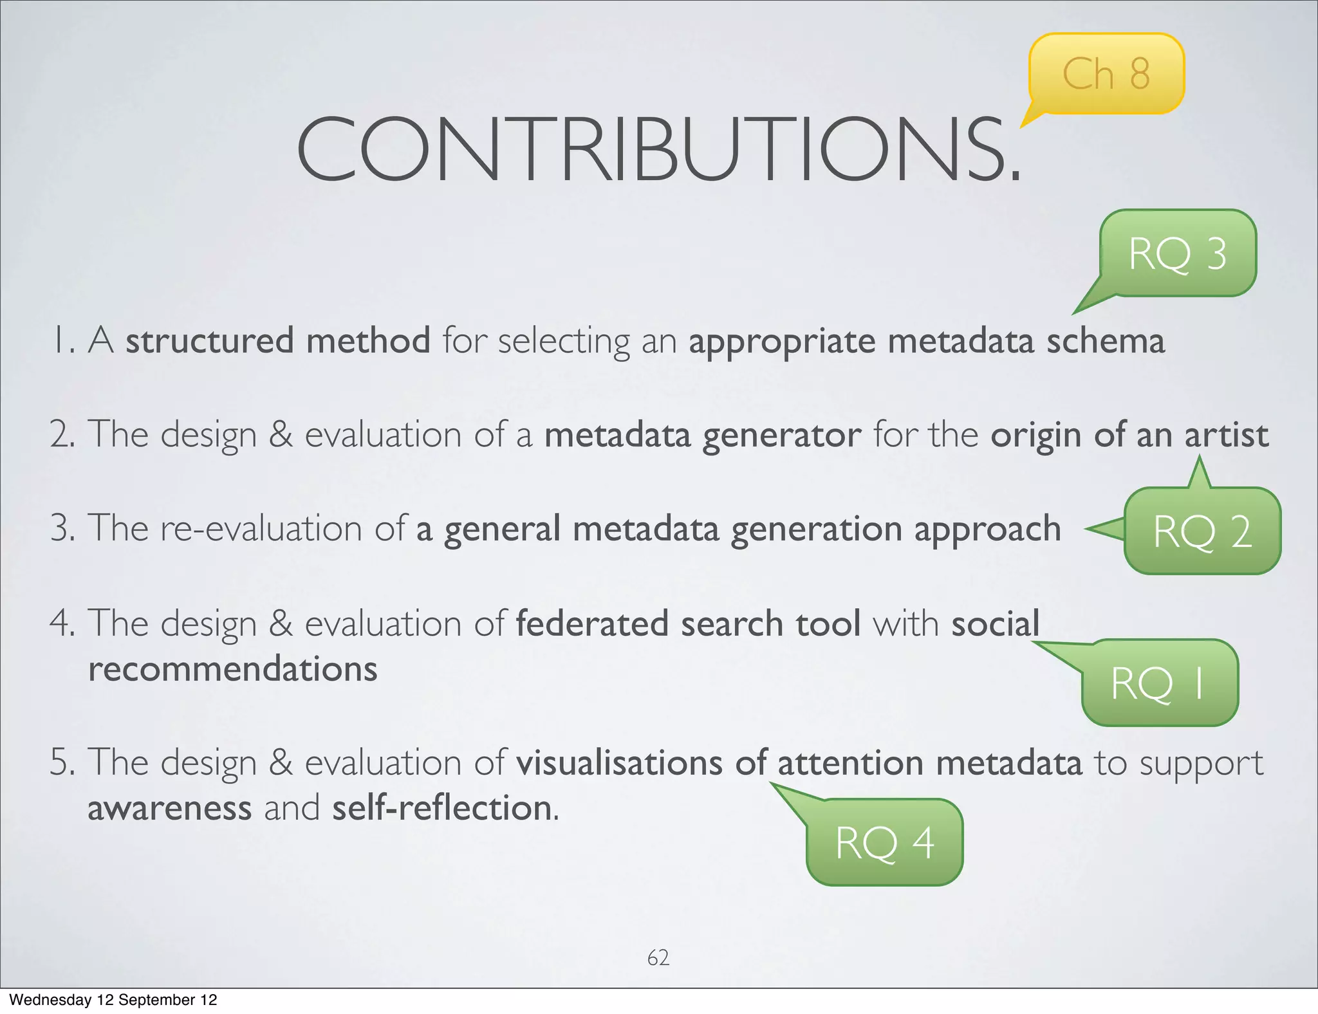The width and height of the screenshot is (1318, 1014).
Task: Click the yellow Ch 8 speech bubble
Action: (1106, 73)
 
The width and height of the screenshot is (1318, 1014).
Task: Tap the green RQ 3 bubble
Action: (1177, 253)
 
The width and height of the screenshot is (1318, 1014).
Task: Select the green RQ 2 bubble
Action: (1202, 531)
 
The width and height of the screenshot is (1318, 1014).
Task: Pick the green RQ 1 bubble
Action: (1159, 683)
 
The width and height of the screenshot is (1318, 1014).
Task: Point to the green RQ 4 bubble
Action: (884, 843)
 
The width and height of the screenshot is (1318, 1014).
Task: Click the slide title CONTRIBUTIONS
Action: (658, 149)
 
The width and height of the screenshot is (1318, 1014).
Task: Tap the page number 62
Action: (658, 957)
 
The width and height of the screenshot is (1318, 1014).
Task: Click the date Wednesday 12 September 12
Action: (113, 1000)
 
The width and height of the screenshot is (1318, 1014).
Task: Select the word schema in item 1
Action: (1105, 341)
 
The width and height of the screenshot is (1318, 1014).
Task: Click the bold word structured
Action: (210, 341)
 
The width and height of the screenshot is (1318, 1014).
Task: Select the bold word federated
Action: (592, 624)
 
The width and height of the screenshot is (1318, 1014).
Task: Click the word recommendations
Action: (232, 669)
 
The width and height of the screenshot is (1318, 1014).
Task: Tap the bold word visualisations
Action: (620, 763)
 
